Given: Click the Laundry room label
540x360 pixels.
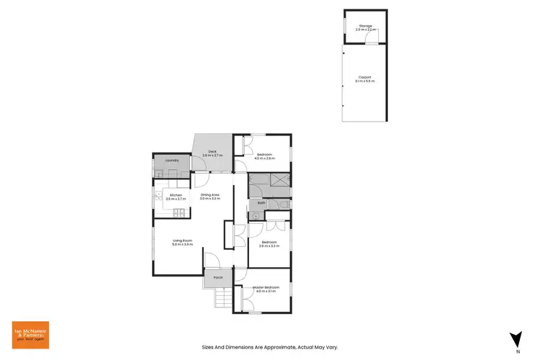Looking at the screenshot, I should (x=171, y=161).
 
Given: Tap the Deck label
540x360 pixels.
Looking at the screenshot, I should (x=212, y=151).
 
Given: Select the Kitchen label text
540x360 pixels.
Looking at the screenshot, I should (x=176, y=194).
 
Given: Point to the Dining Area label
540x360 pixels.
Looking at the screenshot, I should (x=210, y=194).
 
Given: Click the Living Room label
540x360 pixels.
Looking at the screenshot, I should (x=182, y=241).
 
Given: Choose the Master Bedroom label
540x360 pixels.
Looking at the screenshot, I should (x=266, y=287).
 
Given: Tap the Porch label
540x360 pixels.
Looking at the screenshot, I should (x=217, y=277).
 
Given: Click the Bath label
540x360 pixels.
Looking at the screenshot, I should (x=261, y=203).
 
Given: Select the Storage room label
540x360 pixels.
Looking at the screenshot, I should (x=366, y=26).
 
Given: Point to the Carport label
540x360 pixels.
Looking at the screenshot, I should (x=366, y=76).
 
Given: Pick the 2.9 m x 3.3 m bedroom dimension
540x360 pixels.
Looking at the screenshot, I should (x=269, y=246).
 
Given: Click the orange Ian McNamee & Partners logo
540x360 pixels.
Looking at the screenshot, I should (x=30, y=336).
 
